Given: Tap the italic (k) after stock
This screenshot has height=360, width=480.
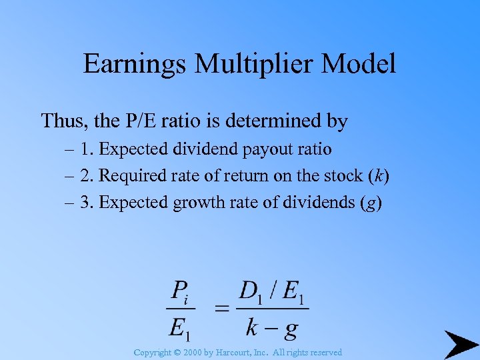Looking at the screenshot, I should pos(379,176).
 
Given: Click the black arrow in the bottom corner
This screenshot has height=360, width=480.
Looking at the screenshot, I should pos(460,344).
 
